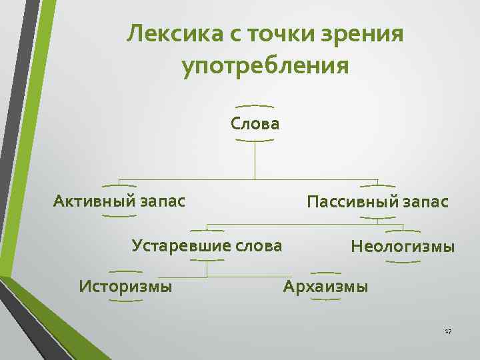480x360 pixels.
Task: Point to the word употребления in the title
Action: click(265, 67)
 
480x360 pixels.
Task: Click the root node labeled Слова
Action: click(255, 123)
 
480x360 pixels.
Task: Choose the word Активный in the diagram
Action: click(94, 200)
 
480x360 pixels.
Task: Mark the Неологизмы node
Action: click(403, 247)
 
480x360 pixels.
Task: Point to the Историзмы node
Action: click(125, 287)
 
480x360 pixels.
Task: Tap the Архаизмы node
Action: click(325, 287)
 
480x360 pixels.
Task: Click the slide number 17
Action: click(448, 331)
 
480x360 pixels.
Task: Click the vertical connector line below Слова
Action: click(255, 160)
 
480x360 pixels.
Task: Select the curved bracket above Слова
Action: click(255, 106)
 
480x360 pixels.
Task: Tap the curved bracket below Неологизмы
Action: click(403, 261)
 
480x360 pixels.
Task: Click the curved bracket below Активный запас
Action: click(120, 215)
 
